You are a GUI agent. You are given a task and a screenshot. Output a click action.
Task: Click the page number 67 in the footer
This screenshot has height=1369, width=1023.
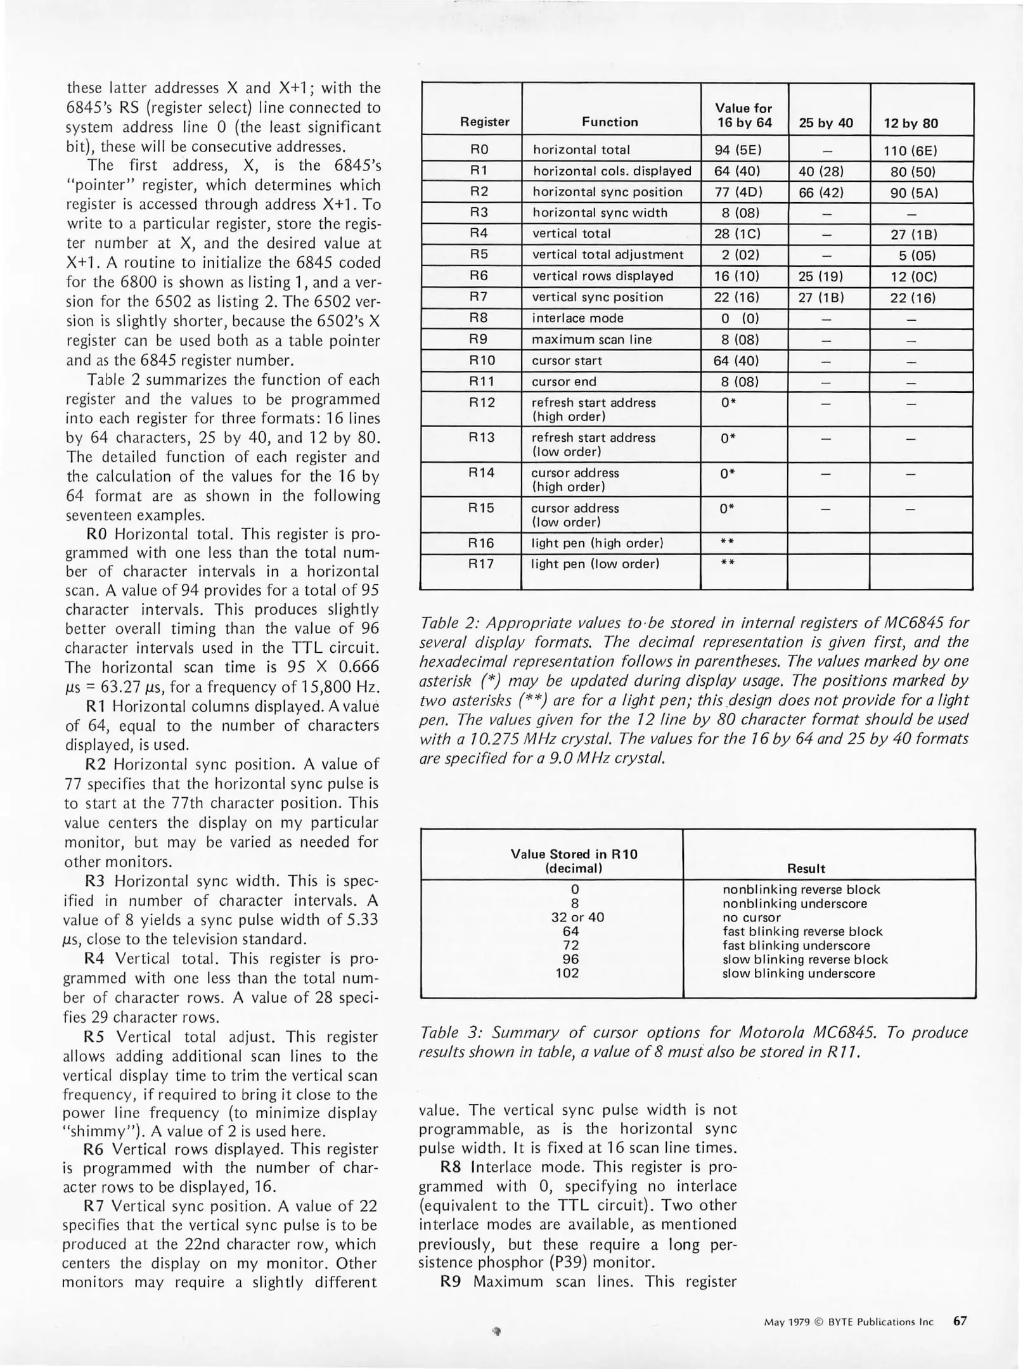[x=960, y=1321]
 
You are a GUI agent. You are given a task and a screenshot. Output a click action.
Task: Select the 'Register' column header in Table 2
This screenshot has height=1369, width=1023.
[x=484, y=122]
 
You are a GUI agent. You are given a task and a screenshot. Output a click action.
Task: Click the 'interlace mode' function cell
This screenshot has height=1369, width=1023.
[x=577, y=318]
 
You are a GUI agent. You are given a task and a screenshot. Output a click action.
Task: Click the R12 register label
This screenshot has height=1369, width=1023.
[x=481, y=402]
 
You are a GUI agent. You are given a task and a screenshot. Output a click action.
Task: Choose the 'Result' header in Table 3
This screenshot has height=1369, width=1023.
[x=806, y=868]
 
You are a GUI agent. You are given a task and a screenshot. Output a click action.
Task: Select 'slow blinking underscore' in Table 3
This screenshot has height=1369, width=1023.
[x=798, y=973]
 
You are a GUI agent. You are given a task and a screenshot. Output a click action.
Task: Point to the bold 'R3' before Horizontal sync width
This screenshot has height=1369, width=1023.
[x=96, y=881]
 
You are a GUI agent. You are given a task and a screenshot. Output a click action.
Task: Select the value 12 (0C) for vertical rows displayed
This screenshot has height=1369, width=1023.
[x=913, y=276]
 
